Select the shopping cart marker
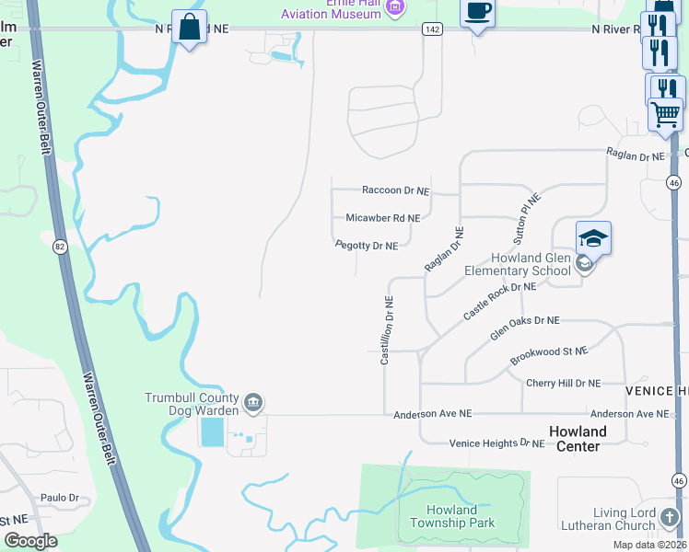coord(665,116)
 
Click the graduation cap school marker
coord(593,239)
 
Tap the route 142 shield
coord(431,29)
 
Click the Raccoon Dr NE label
coord(396,190)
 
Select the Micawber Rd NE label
coord(382,218)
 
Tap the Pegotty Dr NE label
coord(367,246)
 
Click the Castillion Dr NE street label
coord(388,329)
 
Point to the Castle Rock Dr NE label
coord(499,301)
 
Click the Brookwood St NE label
coord(549,358)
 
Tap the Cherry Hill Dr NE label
coord(563,383)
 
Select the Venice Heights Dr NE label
coord(497,443)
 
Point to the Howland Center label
coord(578,439)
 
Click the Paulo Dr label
coord(60,498)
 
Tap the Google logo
coord(30,541)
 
